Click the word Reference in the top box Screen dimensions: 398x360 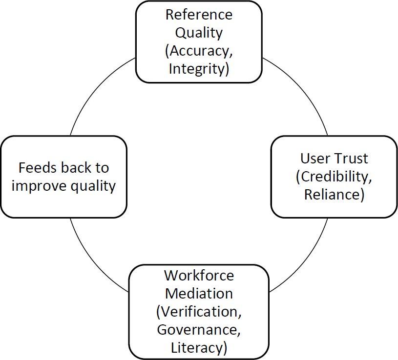pos(199,15)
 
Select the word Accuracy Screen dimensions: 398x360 pos(201,51)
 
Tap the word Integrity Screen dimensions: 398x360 pos(197,69)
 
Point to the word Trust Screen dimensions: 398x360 pos(351,159)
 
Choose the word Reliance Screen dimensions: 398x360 pos(332,195)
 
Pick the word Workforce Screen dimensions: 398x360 pos(199,276)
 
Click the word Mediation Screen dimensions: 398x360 pos(199,294)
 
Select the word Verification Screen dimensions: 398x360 pos(201,312)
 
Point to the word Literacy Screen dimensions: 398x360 pos(197,348)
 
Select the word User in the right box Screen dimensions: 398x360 pos(315,159)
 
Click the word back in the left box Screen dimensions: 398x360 pos(76,168)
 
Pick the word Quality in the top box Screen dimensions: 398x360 pos(199,33)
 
